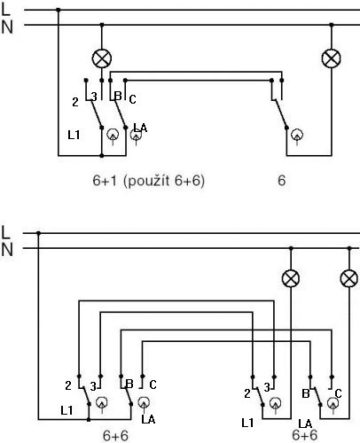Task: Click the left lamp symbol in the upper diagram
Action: coord(102,58)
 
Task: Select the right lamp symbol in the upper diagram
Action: coord(332,58)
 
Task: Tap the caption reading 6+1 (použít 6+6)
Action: coord(148,181)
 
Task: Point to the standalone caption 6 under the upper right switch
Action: coord(282,180)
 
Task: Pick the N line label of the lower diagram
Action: coord(7,250)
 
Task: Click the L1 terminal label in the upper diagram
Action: coord(74,135)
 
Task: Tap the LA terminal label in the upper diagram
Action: coord(140,128)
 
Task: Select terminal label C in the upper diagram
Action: coord(132,99)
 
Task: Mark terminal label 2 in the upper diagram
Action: coord(75,102)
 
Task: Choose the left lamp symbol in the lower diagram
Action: coord(291,278)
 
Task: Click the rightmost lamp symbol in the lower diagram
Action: coord(349,278)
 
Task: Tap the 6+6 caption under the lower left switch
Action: coord(115,436)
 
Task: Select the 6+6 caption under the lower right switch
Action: coord(305,435)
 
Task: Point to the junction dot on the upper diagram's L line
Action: coord(59,10)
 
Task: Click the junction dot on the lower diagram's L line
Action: coord(38,233)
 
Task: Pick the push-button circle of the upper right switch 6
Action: coord(297,135)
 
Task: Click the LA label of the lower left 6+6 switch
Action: coord(148,419)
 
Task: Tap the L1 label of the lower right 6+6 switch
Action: coord(247,424)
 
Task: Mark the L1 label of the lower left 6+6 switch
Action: coord(67,410)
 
